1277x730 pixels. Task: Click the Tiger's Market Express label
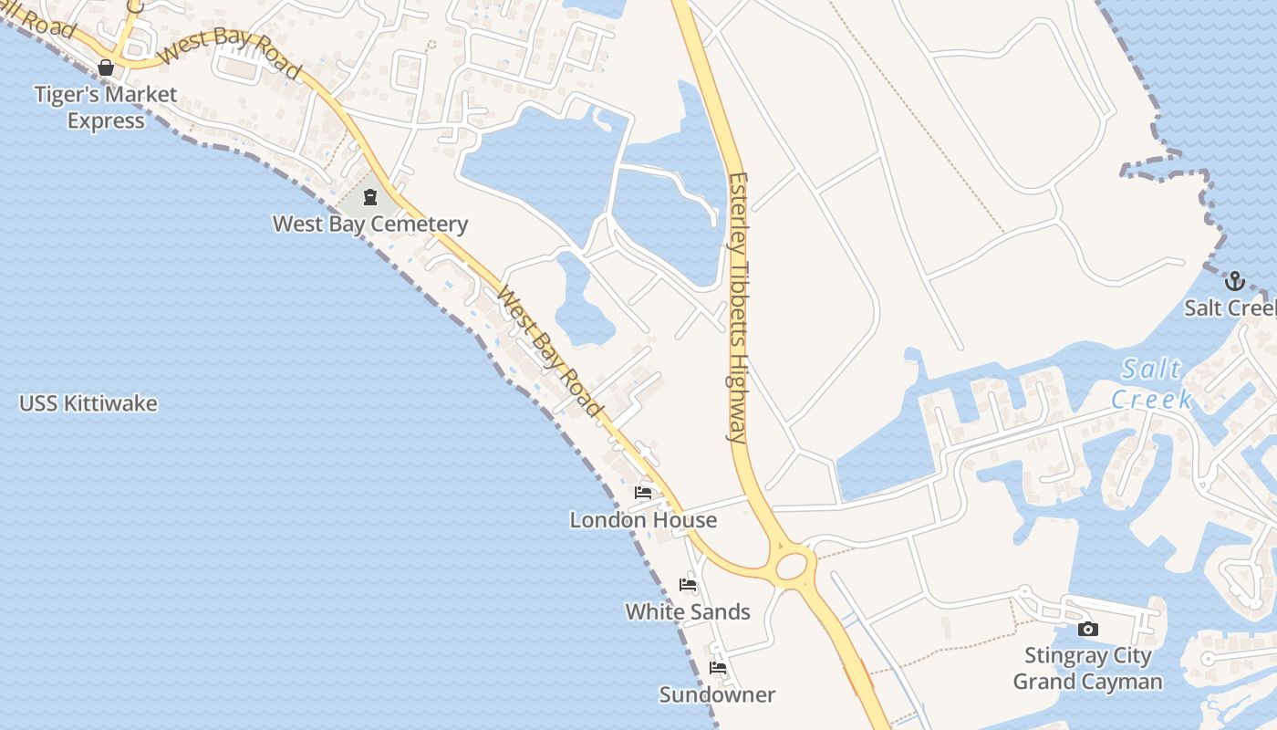106,108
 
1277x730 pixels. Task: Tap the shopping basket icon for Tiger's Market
106,68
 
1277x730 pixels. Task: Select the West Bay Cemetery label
370,224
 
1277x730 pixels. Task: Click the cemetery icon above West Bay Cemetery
370,196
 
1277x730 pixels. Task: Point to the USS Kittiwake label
88,403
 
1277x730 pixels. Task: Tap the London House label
643,520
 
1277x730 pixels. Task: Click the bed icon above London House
643,494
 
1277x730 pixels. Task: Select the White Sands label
688,611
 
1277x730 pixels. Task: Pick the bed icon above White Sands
688,585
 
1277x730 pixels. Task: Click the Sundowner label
718,694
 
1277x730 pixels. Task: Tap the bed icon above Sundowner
718,668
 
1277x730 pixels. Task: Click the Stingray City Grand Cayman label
1087,668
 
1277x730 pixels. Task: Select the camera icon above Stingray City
1087,629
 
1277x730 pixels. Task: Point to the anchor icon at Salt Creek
1235,280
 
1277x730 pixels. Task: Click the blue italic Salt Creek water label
1151,383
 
